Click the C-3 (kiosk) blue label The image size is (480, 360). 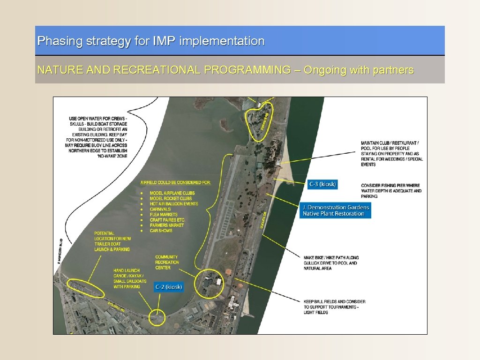pos(322,184)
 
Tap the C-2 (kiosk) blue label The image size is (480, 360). pos(169,287)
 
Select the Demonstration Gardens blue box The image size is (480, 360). pos(336,210)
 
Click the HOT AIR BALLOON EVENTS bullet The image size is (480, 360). pos(174,204)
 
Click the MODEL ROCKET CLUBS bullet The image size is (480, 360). pos(171,198)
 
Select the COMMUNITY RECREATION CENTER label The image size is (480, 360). pos(167,262)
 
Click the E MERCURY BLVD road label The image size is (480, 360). pos(60,251)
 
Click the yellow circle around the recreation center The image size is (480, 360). pos(210,283)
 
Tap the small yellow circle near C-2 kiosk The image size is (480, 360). pos(156,318)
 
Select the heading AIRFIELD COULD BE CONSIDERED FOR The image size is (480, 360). pos(176,182)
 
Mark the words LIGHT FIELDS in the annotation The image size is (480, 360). pos(316,312)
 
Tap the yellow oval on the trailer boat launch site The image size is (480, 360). pos(86,288)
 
